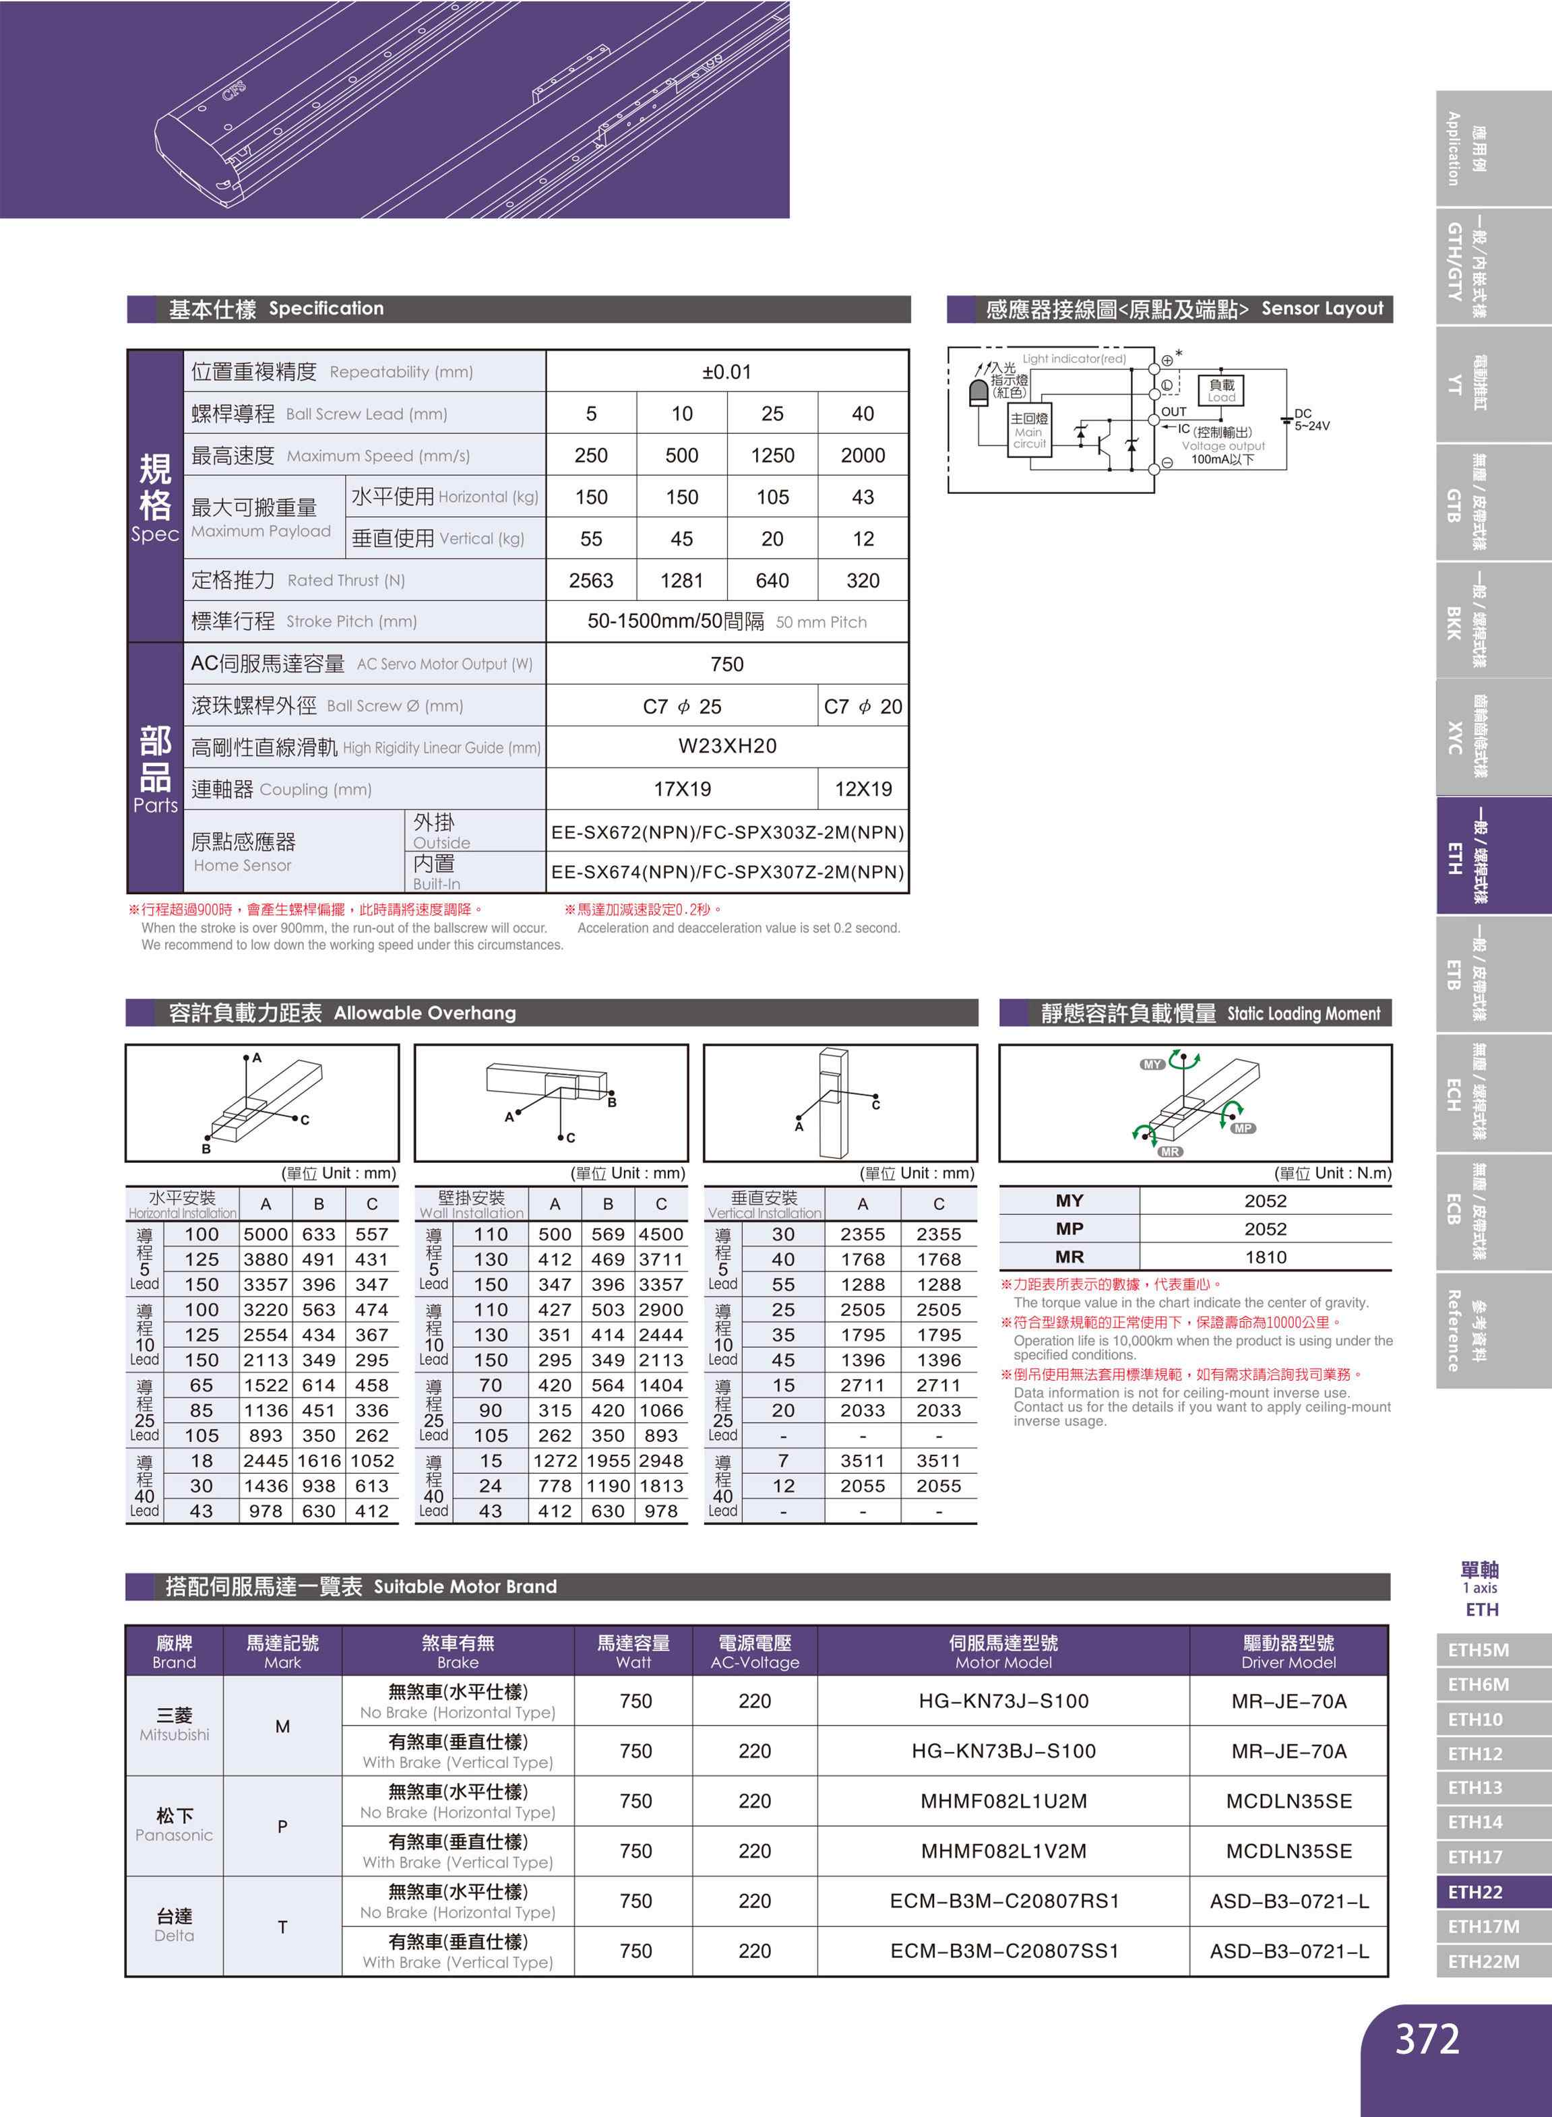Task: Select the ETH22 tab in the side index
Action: [1475, 1891]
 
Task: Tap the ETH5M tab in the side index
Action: [1478, 1650]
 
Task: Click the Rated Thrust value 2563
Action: [591, 580]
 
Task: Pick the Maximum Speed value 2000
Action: [863, 455]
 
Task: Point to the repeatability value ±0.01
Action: [726, 372]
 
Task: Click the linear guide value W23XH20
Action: [726, 746]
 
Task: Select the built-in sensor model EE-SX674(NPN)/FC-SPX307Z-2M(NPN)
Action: [727, 873]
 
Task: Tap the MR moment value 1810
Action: [1264, 1257]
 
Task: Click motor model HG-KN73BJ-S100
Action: [1003, 1750]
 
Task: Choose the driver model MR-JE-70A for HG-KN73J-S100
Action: [1288, 1701]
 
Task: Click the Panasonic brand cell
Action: [175, 1825]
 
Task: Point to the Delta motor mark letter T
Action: [282, 1926]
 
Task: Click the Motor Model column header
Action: [1003, 1651]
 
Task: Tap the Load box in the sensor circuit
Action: [1221, 389]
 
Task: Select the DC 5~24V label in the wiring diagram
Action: [1311, 420]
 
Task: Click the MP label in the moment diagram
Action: [1243, 1128]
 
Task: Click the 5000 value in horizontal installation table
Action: [266, 1234]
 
